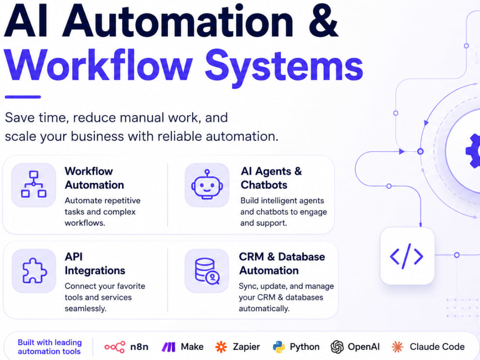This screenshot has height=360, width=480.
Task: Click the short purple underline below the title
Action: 23,97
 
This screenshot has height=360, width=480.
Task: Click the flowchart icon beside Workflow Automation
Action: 34,185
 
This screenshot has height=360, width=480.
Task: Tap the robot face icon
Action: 207,185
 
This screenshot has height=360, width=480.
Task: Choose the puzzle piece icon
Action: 35,271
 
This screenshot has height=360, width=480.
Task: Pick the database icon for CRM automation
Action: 207,271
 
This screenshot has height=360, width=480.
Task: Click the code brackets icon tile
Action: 407,256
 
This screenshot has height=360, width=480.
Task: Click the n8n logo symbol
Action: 115,347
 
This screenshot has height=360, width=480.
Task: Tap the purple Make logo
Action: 168,347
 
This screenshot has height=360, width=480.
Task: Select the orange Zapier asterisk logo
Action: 221,347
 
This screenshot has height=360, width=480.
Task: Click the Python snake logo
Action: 278,347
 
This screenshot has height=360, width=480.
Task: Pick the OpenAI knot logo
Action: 337,347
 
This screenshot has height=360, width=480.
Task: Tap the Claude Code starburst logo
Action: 397,347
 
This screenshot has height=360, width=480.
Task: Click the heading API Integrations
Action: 95,264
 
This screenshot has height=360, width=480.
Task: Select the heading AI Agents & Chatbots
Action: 271,178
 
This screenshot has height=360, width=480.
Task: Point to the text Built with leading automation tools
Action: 49,347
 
